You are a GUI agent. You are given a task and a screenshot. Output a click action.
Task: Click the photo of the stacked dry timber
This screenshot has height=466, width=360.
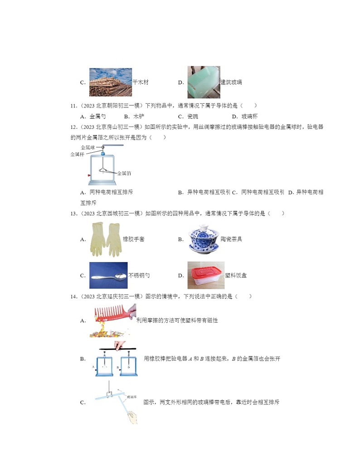tap(110, 82)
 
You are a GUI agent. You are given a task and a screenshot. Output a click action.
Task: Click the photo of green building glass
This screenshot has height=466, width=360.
tap(204, 82)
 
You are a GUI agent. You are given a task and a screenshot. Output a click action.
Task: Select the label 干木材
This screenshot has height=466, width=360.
tap(141, 83)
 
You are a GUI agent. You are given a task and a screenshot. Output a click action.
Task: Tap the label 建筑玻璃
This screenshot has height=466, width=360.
tap(231, 83)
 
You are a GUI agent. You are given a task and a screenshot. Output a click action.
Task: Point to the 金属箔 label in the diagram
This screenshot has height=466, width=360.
tap(124, 173)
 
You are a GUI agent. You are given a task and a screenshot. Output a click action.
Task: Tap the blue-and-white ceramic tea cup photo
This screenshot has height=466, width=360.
tap(204, 239)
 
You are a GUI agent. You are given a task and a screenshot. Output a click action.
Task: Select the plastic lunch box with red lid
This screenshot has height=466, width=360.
tap(205, 275)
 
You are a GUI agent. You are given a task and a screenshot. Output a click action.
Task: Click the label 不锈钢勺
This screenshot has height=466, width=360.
tap(139, 275)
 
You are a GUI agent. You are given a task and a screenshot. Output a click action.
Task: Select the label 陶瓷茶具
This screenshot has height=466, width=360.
tap(231, 239)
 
